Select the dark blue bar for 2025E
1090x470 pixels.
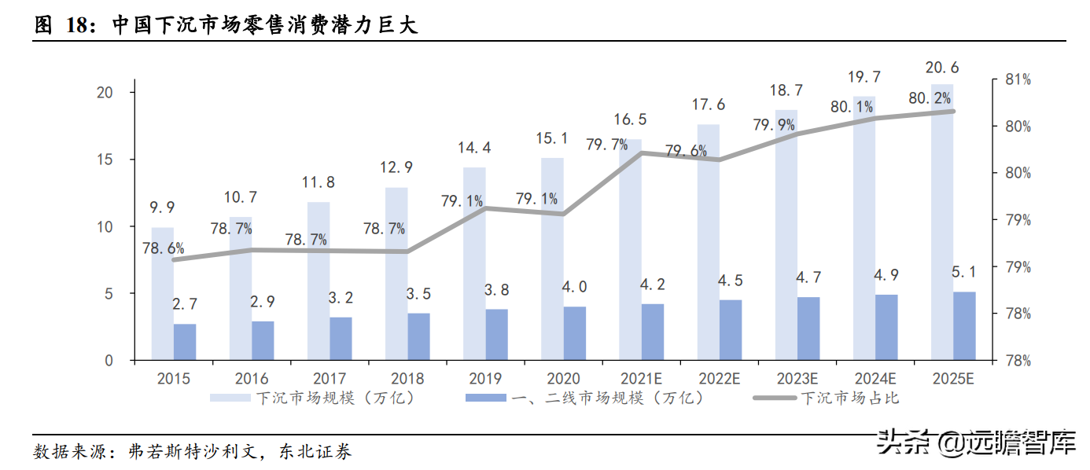click(964, 326)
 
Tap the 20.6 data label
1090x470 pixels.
click(941, 68)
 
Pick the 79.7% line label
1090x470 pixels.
click(606, 144)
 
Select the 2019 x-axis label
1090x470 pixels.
click(486, 379)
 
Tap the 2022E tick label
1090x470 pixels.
click(719, 379)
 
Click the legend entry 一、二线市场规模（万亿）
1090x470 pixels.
click(586, 398)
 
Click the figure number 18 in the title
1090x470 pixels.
click(75, 26)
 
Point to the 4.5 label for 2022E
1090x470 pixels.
click(731, 281)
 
